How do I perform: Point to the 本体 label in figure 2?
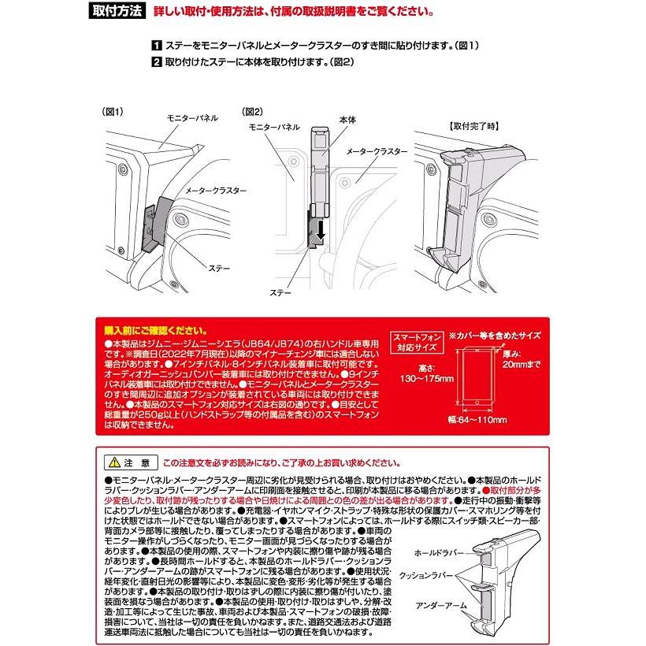[347, 119]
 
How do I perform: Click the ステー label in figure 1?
[218, 269]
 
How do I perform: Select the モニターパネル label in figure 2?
[273, 126]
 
